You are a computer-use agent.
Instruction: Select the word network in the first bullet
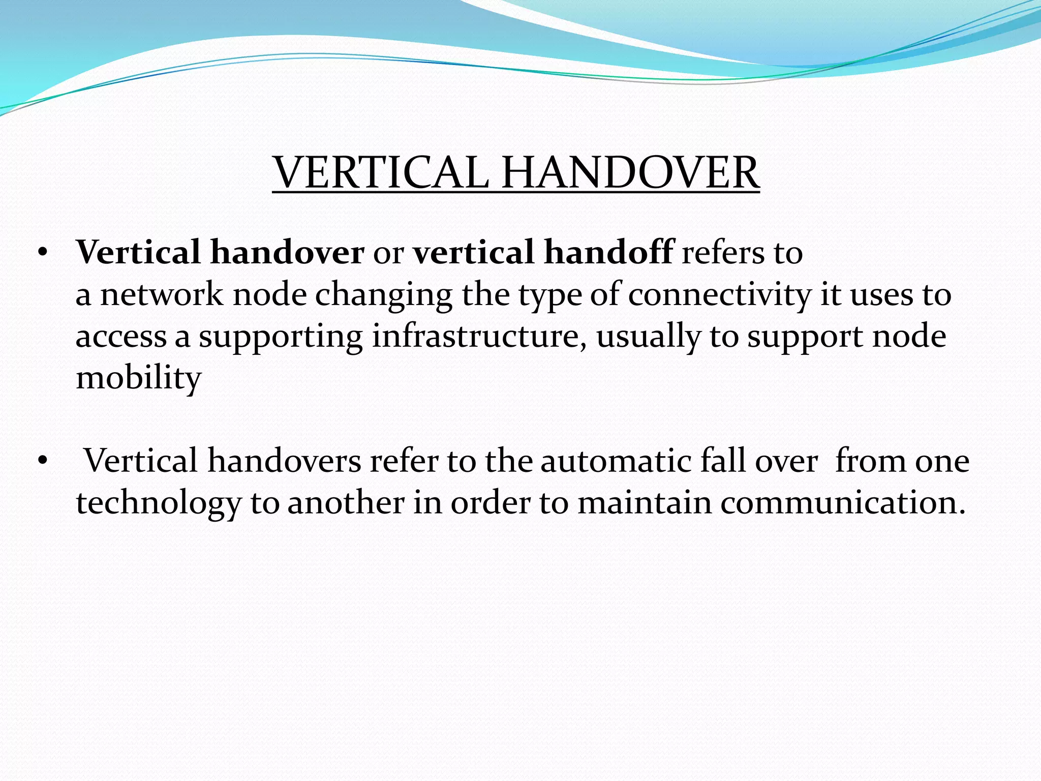coord(162,294)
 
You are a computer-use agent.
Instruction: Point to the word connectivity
coord(720,294)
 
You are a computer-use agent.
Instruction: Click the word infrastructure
coord(480,337)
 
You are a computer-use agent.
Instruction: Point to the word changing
coord(384,295)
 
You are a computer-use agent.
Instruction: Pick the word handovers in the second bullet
coord(284,461)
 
